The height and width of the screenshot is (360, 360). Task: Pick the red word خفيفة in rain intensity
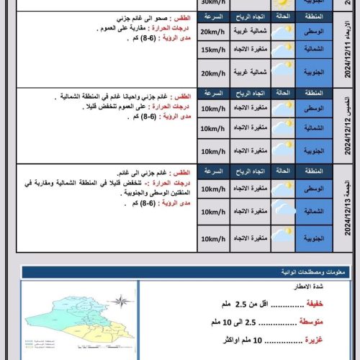coord(318,304)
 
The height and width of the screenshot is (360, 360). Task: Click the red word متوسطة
coord(315,322)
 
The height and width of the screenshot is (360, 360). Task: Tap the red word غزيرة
coord(317,340)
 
